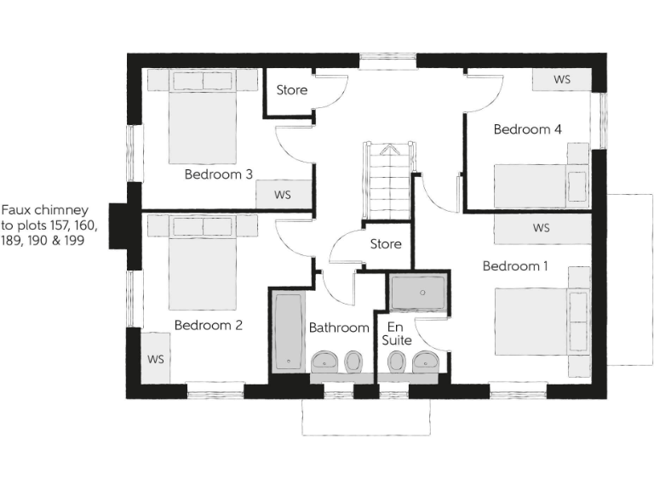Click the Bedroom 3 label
point(218,174)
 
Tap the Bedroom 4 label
point(527,129)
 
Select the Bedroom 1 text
point(515,266)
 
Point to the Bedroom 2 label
point(209,325)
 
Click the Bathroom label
point(339,328)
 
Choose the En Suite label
point(397,333)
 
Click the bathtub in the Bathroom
point(288,331)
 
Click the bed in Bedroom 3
point(204,119)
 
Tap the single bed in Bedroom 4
point(541,183)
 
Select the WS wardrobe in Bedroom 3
point(283,194)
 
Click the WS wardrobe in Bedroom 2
point(156,358)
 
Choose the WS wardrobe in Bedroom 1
point(541,228)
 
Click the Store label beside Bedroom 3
point(292,90)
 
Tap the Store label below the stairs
point(385,244)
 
